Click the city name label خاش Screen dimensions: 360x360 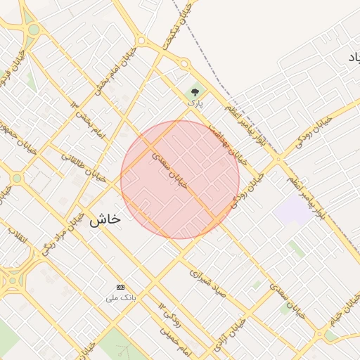[x=105, y=219]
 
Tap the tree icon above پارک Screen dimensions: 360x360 [x=195, y=91]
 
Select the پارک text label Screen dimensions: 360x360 [x=195, y=103]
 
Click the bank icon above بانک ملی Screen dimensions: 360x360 [x=120, y=287]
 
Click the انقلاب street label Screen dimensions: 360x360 [x=18, y=236]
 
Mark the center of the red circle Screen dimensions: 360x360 [x=180, y=179]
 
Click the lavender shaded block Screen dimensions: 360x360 [x=292, y=210]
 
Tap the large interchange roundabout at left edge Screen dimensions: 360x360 [x=12, y=279]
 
